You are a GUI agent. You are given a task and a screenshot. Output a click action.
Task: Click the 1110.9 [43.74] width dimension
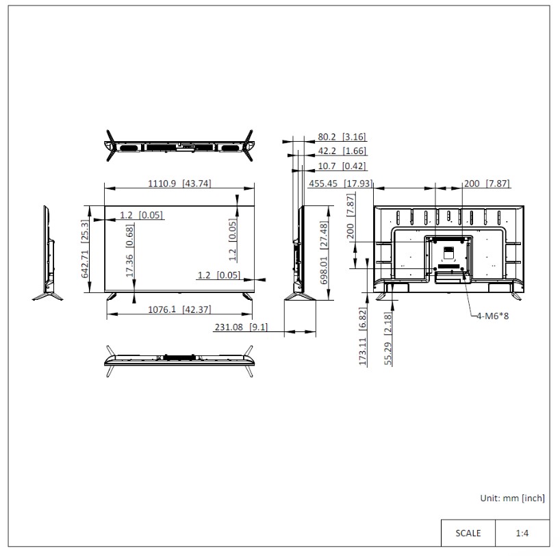(x=179, y=184)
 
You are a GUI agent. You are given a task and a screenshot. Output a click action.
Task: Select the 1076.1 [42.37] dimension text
(x=179, y=309)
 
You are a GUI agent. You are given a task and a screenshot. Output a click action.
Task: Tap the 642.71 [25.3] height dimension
(x=85, y=249)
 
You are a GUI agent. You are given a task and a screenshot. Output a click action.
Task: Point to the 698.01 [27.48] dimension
(x=324, y=253)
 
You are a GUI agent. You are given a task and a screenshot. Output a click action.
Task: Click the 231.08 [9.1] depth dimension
(x=241, y=327)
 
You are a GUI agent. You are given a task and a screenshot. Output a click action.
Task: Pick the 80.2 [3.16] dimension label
(x=342, y=137)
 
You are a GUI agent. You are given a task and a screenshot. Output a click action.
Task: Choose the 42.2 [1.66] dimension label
(x=342, y=151)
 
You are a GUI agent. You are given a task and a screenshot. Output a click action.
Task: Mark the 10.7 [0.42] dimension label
(x=342, y=166)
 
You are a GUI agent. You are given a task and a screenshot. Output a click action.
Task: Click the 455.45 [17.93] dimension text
(x=341, y=184)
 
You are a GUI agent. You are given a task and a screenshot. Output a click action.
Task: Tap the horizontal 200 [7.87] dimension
(x=487, y=184)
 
